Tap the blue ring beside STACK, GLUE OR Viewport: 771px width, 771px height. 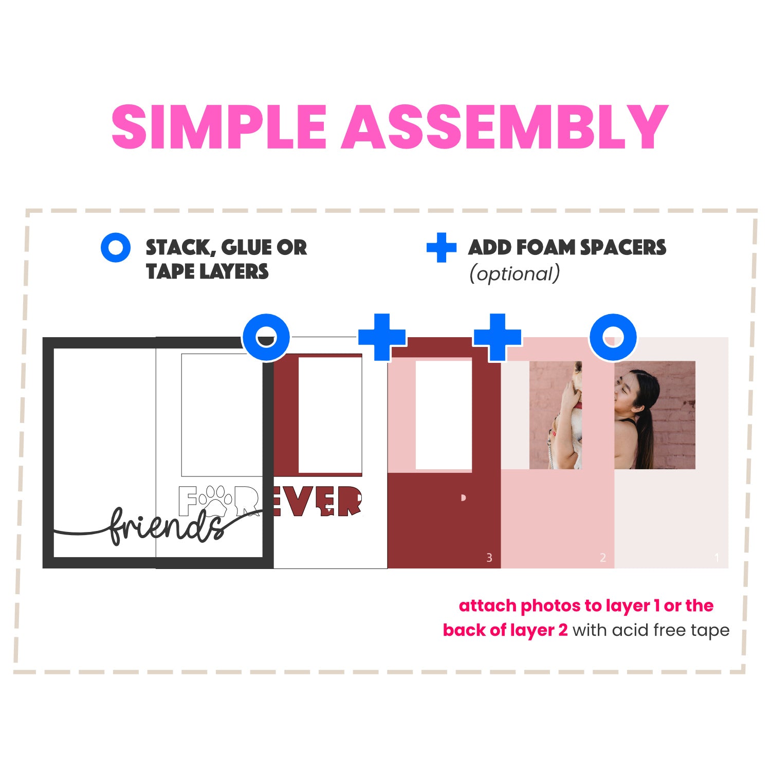pyautogui.click(x=116, y=248)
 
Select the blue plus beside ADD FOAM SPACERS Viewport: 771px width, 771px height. pyautogui.click(x=442, y=248)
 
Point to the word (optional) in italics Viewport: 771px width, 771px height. pyautogui.click(x=515, y=274)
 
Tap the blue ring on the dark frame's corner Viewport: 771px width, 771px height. pyautogui.click(x=266, y=337)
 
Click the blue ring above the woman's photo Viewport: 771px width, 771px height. pyautogui.click(x=613, y=337)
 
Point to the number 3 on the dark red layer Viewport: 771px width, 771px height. pyautogui.click(x=489, y=558)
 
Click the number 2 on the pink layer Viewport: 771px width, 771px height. pyautogui.click(x=603, y=558)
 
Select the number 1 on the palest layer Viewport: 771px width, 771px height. pyautogui.click(x=717, y=558)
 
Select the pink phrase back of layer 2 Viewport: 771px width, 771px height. pyautogui.click(x=505, y=630)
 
